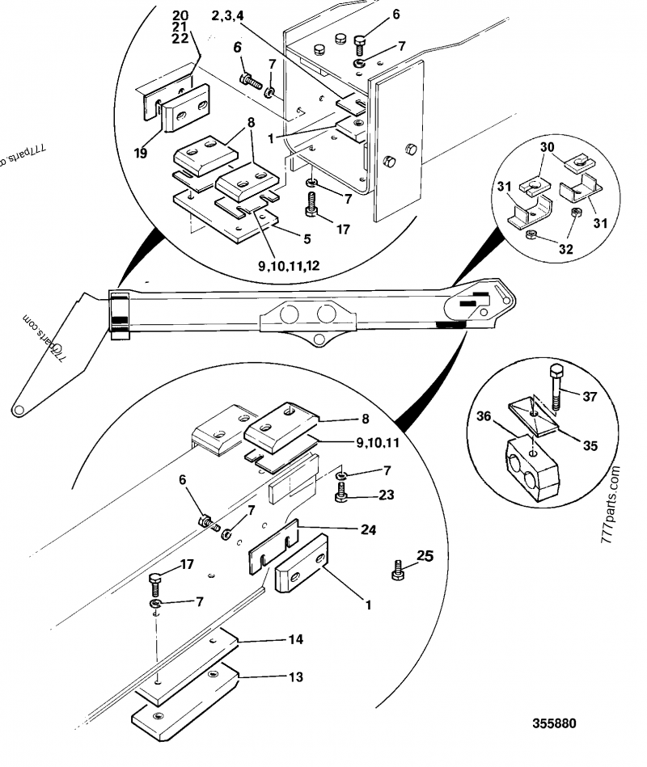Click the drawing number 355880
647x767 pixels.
click(x=554, y=723)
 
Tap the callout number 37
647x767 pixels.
click(x=590, y=396)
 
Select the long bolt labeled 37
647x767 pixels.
click(x=556, y=387)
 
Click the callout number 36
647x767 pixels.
click(x=484, y=416)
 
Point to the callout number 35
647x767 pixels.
click(x=590, y=445)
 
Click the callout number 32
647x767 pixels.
click(x=566, y=249)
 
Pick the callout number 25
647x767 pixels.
click(x=425, y=556)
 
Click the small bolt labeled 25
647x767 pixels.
click(x=397, y=571)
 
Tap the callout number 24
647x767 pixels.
click(x=368, y=529)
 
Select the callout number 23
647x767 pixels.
click(x=386, y=495)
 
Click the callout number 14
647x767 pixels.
click(x=296, y=638)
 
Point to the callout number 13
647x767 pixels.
click(x=296, y=676)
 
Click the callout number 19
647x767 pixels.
click(x=141, y=153)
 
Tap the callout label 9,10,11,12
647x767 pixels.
click(x=289, y=266)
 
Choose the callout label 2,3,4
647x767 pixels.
click(x=227, y=15)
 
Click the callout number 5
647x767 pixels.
click(x=307, y=238)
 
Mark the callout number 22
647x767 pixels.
click(x=180, y=39)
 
